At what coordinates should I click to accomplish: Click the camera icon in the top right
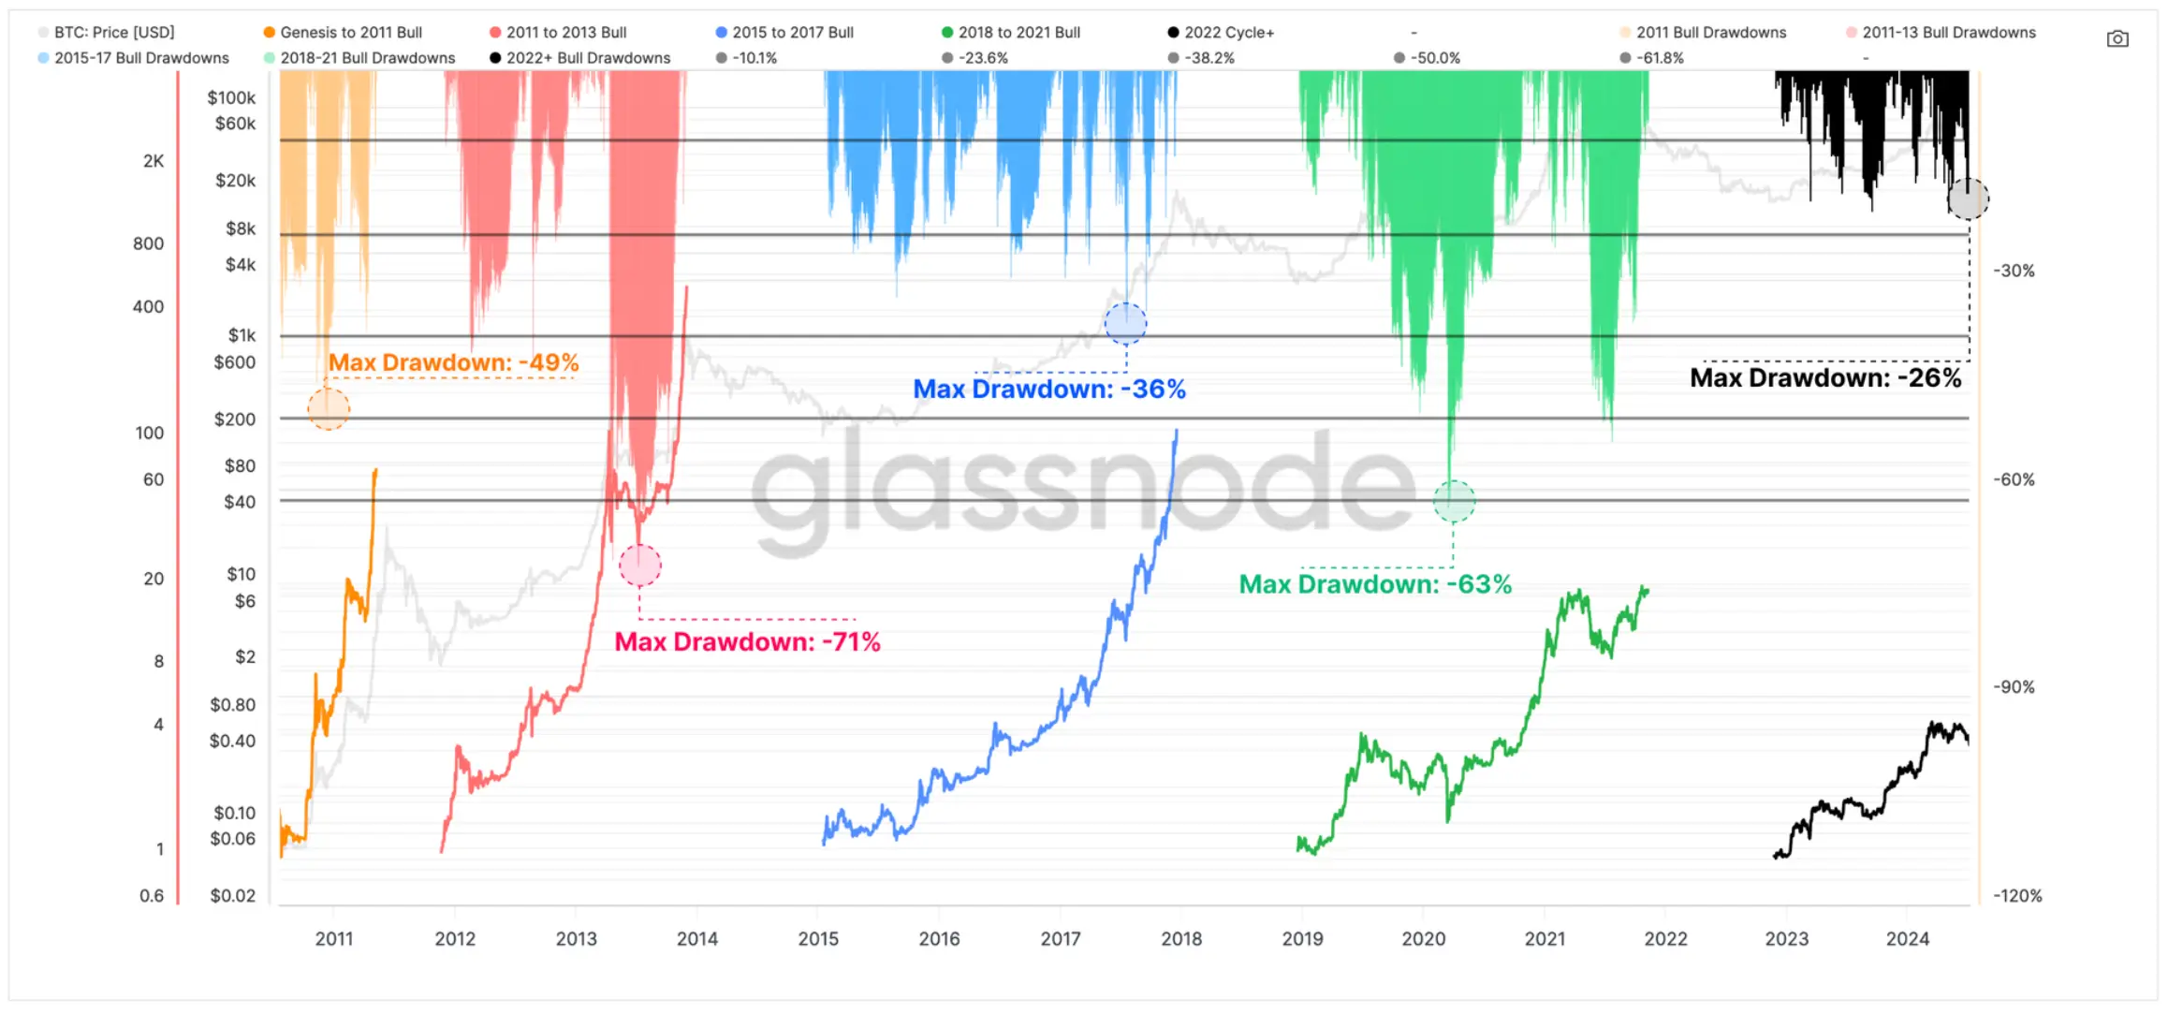pyautogui.click(x=2117, y=39)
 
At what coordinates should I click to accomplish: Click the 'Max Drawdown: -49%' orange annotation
pyautogui.click(x=453, y=362)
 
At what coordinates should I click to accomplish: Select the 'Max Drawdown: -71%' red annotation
pyautogui.click(x=747, y=642)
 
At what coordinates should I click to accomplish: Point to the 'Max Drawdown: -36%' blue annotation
pyautogui.click(x=1048, y=389)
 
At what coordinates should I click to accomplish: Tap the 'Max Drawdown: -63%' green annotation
pyautogui.click(x=1375, y=584)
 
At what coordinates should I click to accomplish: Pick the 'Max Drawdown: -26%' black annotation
pyautogui.click(x=1824, y=378)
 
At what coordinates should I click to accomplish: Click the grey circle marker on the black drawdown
pyautogui.click(x=1968, y=199)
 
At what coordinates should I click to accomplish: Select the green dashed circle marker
pyautogui.click(x=1454, y=502)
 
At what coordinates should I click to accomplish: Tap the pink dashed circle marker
pyautogui.click(x=640, y=566)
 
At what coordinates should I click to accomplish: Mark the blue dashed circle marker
pyautogui.click(x=1125, y=324)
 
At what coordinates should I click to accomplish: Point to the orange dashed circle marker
pyautogui.click(x=329, y=409)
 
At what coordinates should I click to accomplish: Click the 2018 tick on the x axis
pyautogui.click(x=1181, y=939)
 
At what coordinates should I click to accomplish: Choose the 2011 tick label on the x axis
pyautogui.click(x=334, y=939)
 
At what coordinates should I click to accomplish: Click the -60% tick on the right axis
pyautogui.click(x=2014, y=479)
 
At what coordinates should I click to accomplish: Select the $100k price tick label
pyautogui.click(x=231, y=97)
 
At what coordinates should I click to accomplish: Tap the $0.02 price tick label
pyautogui.click(x=232, y=896)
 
